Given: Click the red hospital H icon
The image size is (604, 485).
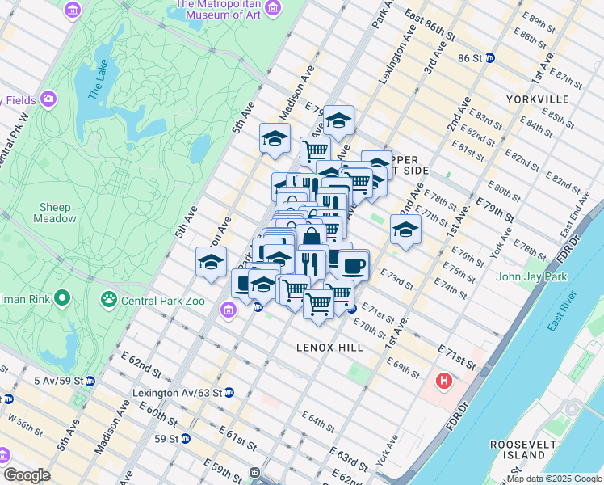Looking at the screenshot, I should pos(443,380).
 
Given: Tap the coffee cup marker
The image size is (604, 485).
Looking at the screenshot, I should pos(352,265).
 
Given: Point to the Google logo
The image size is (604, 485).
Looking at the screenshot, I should pos(27,474).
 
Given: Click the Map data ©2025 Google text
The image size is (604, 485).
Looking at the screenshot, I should pos(553,479).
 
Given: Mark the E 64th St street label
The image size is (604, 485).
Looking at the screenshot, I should pos(318,420).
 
